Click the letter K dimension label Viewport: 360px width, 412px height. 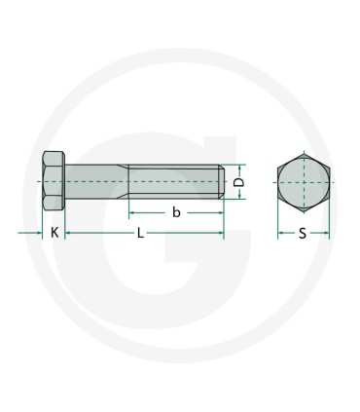54,234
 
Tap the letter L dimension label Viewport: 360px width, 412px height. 141,234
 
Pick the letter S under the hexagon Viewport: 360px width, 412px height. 303,234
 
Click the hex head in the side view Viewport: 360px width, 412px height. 54,181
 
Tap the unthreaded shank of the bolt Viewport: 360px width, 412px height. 94,181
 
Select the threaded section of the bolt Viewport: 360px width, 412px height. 175,181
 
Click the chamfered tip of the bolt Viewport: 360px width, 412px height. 223,181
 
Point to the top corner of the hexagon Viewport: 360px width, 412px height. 304,152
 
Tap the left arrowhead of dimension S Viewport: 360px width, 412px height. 280,234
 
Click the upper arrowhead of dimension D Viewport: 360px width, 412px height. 247,166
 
